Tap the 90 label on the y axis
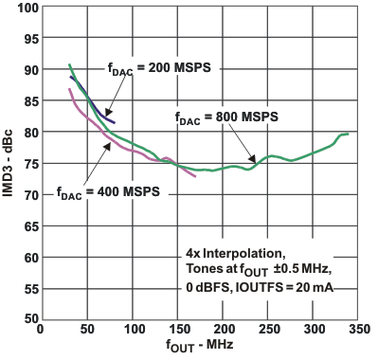tap(27, 70)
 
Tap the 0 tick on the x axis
tap(40, 332)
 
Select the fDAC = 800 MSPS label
tap(225, 119)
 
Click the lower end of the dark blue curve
tap(114, 123)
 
